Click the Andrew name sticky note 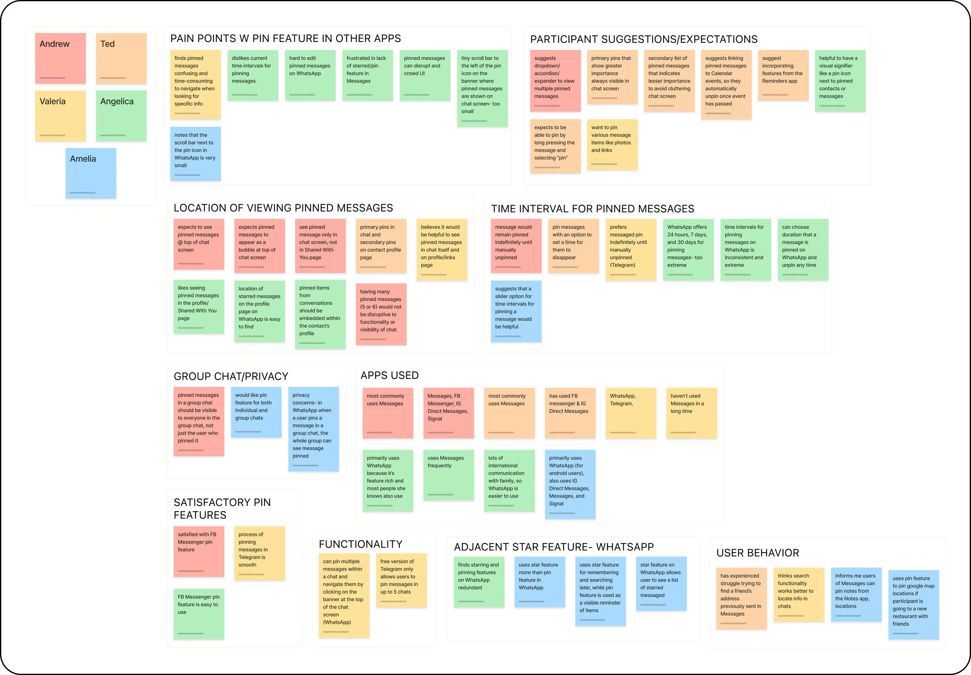coord(61,58)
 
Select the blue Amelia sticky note coord(91,173)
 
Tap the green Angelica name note coord(121,115)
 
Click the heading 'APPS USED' coord(389,375)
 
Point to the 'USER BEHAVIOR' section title coord(757,553)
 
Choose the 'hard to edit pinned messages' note coord(310,75)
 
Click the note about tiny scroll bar coord(482,88)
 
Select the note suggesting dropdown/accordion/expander coord(555,81)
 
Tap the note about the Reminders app coord(783,75)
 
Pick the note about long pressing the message coord(555,146)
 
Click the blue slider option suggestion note coord(516,311)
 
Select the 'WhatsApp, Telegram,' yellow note coord(631,413)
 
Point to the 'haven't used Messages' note coord(692,413)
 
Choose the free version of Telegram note coord(401,580)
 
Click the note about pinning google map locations coord(913,604)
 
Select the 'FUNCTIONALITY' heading coord(360,544)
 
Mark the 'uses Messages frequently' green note coord(449,475)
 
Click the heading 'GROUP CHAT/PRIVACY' coord(231,377)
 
